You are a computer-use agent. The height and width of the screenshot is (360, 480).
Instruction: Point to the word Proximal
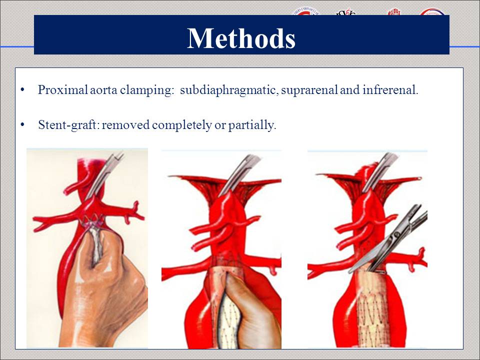point(58,90)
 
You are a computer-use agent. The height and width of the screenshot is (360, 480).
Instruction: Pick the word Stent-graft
point(68,124)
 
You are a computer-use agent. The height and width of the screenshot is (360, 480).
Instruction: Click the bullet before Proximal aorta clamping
point(23,90)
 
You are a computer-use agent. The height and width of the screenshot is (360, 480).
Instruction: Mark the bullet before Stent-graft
point(23,124)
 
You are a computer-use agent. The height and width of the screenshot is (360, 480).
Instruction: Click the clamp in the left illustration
point(107,175)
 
